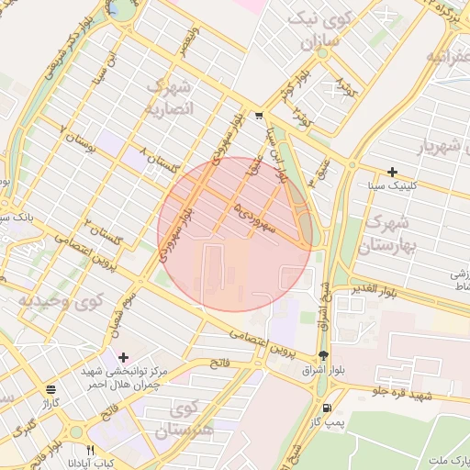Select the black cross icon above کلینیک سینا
coord(392,172)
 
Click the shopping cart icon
coord(260,116)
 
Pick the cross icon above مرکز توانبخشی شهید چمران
coord(124,356)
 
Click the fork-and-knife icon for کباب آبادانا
coord(90,450)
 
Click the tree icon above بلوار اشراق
coord(323,356)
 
